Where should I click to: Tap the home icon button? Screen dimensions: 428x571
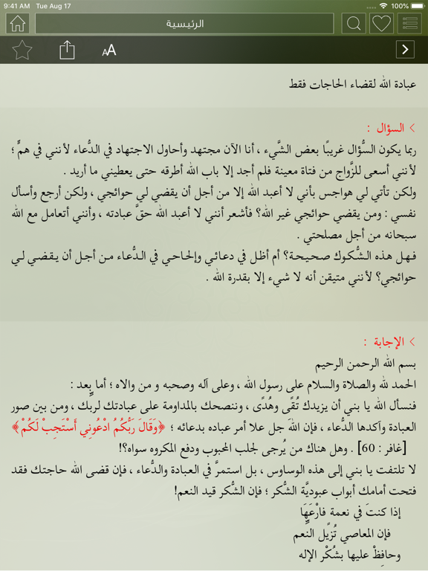[x=16, y=23]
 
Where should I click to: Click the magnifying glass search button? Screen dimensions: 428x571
[x=354, y=23]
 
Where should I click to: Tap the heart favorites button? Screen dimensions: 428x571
[x=381, y=23]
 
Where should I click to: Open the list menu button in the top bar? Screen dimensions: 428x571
[x=409, y=23]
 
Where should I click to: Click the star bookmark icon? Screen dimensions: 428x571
[x=22, y=50]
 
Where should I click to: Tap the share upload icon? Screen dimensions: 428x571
[x=67, y=50]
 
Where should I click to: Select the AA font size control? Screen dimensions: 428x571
[x=109, y=51]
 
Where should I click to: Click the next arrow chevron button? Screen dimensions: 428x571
[x=405, y=50]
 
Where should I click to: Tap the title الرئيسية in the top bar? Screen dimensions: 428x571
[x=185, y=24]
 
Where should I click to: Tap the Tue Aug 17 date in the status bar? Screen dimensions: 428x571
[x=53, y=5]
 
